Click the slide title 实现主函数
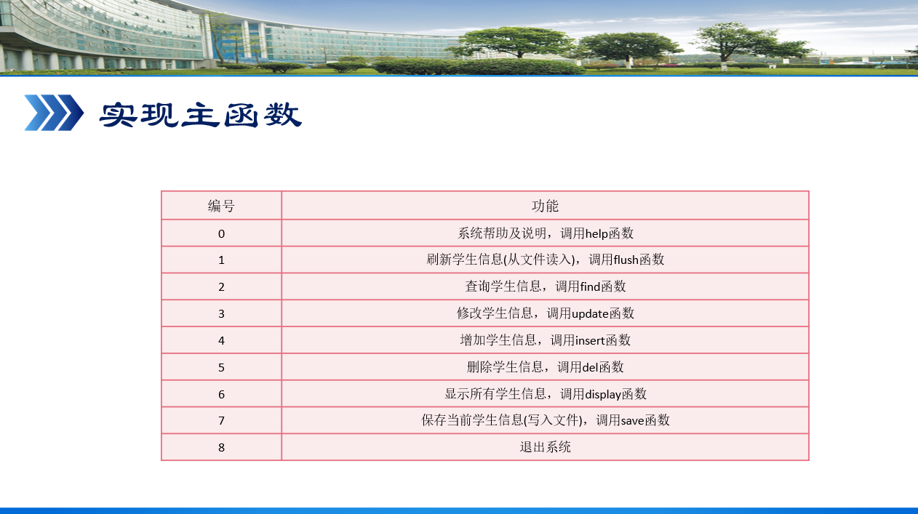tap(200, 114)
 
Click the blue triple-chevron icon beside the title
tap(54, 113)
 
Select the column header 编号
tap(221, 206)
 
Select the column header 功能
tap(545, 206)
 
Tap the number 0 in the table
tap(221, 233)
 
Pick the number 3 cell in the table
tap(221, 314)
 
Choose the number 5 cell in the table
tap(221, 367)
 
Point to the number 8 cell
tap(221, 447)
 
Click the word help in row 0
tap(596, 234)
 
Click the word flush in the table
tap(626, 260)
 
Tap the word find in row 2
tap(590, 286)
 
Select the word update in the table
tap(590, 314)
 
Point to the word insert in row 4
tap(590, 341)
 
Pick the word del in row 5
tap(590, 367)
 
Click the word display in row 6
tap(603, 395)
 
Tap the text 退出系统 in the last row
tap(545, 447)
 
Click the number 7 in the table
tap(221, 421)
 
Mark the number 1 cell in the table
tap(221, 260)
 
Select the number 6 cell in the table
tap(221, 395)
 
